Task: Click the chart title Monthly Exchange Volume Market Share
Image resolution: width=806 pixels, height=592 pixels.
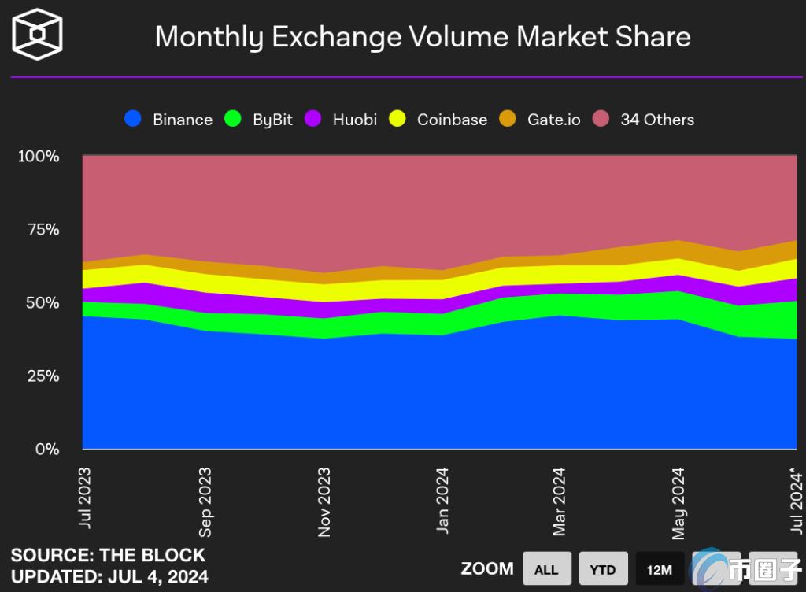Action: (x=423, y=37)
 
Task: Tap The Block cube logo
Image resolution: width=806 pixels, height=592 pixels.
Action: (x=38, y=35)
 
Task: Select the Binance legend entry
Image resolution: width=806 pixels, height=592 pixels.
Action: (x=168, y=120)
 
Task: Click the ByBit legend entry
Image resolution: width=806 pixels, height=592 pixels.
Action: (x=259, y=120)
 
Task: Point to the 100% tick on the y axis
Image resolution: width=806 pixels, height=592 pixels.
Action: (x=39, y=156)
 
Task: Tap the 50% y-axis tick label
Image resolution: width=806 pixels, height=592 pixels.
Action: (x=41, y=302)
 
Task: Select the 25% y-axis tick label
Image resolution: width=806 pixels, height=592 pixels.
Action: (x=41, y=376)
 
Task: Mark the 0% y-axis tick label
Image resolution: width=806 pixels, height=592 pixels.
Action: (x=46, y=449)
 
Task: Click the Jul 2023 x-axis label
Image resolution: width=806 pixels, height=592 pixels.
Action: (x=84, y=498)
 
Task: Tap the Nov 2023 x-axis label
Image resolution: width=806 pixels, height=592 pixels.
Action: (x=324, y=502)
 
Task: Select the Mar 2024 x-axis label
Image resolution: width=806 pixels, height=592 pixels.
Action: (x=560, y=501)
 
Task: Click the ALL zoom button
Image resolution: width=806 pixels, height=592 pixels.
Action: (x=546, y=569)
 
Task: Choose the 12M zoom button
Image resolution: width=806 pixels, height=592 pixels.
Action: (x=660, y=569)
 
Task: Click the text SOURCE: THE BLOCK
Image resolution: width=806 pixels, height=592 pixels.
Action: (x=108, y=555)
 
